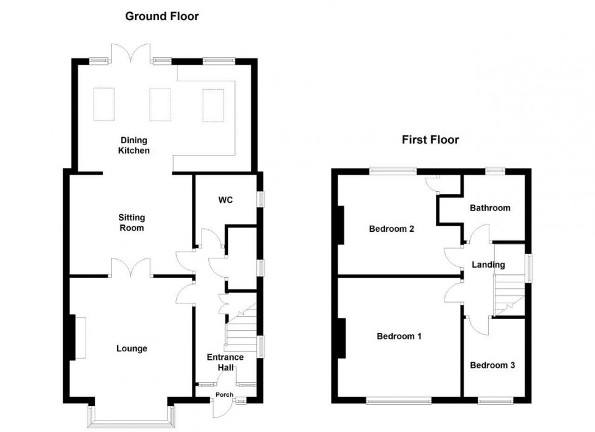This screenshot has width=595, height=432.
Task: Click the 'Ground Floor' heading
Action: click(161, 16)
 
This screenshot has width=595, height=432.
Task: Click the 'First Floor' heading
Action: click(430, 140)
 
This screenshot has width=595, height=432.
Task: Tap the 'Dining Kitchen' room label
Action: click(134, 145)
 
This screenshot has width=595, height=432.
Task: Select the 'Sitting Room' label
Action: click(131, 223)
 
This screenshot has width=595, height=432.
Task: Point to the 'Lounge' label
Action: click(132, 349)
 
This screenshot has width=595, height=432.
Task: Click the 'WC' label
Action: click(225, 200)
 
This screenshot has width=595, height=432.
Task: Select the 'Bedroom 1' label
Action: click(399, 336)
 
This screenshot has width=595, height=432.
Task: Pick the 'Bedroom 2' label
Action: click(392, 229)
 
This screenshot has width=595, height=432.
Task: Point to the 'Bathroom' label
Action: click(489, 208)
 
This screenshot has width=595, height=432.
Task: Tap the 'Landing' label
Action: click(488, 265)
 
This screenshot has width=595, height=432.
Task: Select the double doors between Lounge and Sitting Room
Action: click(131, 267)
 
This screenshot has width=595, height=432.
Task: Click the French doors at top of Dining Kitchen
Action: click(131, 53)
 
